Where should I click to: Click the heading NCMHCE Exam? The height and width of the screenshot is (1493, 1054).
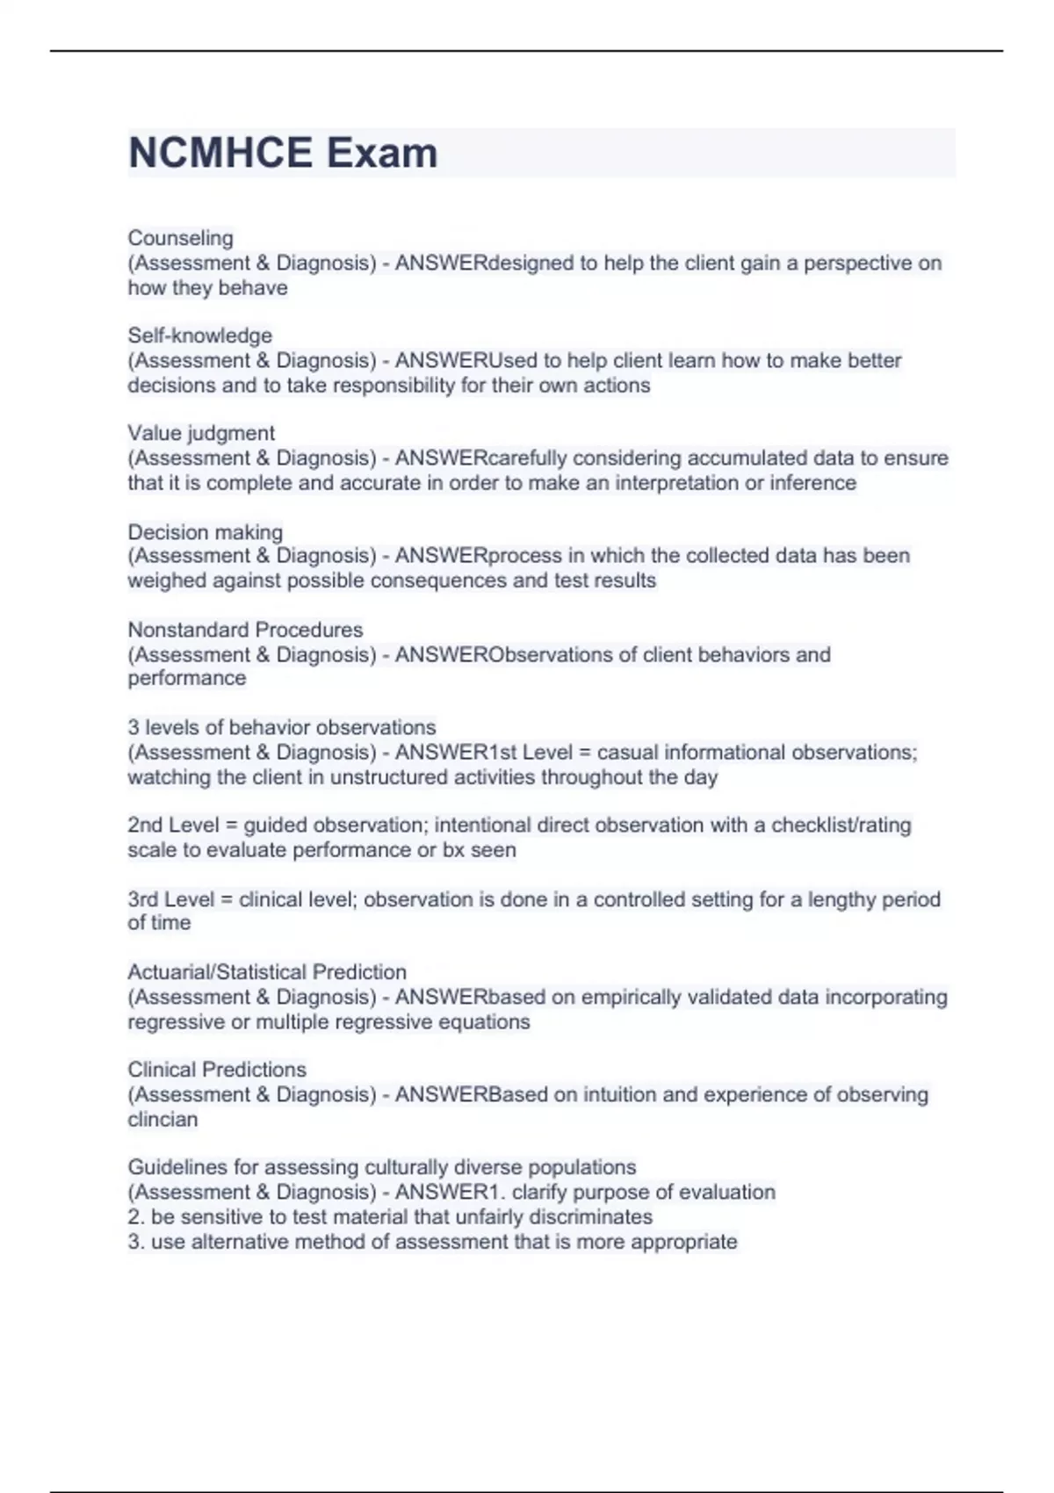point(283,153)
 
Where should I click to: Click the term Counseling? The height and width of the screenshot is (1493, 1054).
point(180,238)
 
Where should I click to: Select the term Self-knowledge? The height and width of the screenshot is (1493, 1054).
point(199,335)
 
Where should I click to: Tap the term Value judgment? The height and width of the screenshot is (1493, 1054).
point(201,433)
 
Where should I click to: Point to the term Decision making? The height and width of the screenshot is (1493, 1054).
point(205,532)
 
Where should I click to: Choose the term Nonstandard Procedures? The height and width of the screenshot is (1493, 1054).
point(245,630)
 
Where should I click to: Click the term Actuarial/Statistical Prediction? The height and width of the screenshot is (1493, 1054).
point(267,972)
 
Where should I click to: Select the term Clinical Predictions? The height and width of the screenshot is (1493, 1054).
point(217,1070)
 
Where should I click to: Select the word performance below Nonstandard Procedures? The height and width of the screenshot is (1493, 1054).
point(186,678)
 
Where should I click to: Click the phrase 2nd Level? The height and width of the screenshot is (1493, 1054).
point(173,826)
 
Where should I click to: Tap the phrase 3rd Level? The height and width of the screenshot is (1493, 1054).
point(171,899)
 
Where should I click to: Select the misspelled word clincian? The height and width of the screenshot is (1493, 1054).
point(162,1120)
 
